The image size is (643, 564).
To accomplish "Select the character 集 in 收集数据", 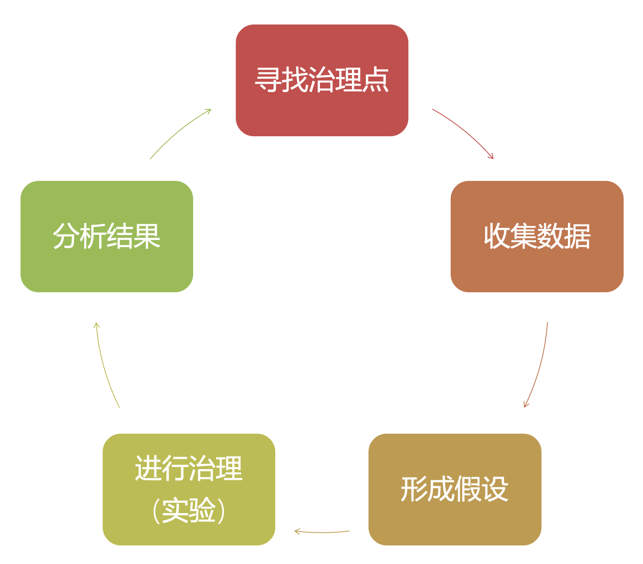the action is coord(523,236).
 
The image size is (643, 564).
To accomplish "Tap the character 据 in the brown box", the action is coord(577,236).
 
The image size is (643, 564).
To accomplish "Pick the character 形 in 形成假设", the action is coord(414,489).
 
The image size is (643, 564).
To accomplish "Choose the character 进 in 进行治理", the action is coord(148,468).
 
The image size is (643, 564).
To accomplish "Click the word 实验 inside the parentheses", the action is coord(189,510).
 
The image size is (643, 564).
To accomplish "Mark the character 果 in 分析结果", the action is coord(147,236).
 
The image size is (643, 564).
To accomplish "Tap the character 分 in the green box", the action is coord(66,236).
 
